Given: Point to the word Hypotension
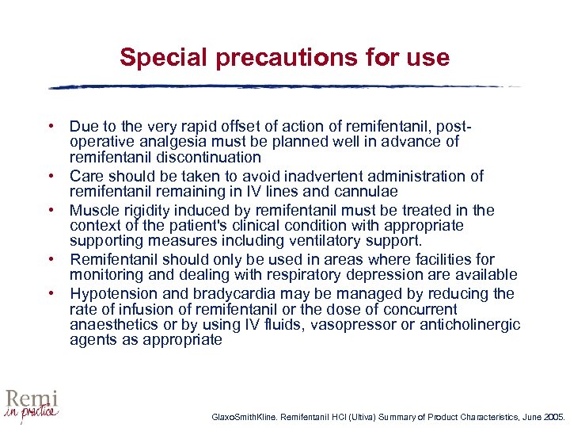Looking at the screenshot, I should (111, 294).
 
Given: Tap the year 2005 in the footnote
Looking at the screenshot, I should (551, 415).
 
